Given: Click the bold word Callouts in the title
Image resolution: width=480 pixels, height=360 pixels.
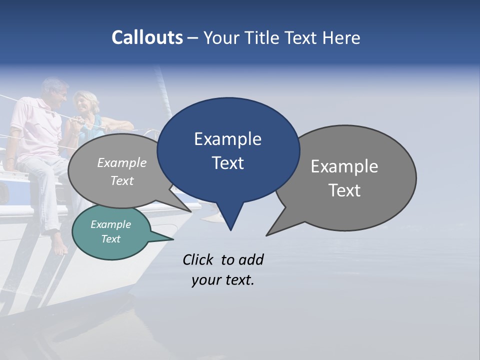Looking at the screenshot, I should click(x=147, y=37).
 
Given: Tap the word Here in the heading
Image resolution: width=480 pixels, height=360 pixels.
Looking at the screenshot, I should click(x=341, y=37).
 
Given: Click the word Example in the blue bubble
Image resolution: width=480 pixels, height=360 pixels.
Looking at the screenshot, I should click(x=227, y=139).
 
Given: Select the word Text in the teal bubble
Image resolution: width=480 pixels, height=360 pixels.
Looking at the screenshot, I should click(x=111, y=239).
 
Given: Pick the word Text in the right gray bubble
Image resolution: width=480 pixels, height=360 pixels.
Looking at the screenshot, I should click(x=345, y=190).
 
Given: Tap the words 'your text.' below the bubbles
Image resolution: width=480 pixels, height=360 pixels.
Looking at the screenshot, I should click(x=223, y=280).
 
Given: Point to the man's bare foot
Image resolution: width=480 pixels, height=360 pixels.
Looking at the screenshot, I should click(x=59, y=248).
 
